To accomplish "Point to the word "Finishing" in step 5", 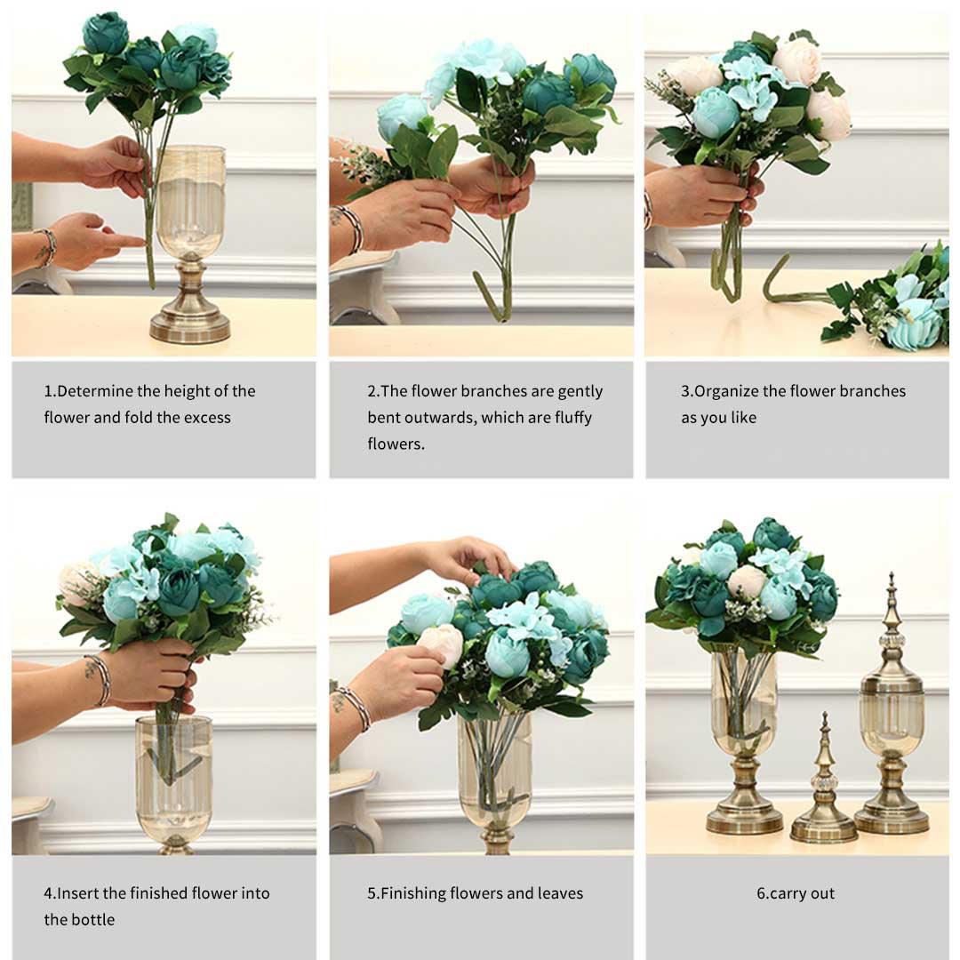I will click(412, 893).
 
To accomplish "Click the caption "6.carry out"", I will click(796, 893).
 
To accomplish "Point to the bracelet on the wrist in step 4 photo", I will click(99, 679).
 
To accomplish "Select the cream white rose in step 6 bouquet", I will click(747, 580).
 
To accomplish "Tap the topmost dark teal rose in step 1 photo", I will click(105, 34).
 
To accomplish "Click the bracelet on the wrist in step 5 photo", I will click(355, 707).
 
